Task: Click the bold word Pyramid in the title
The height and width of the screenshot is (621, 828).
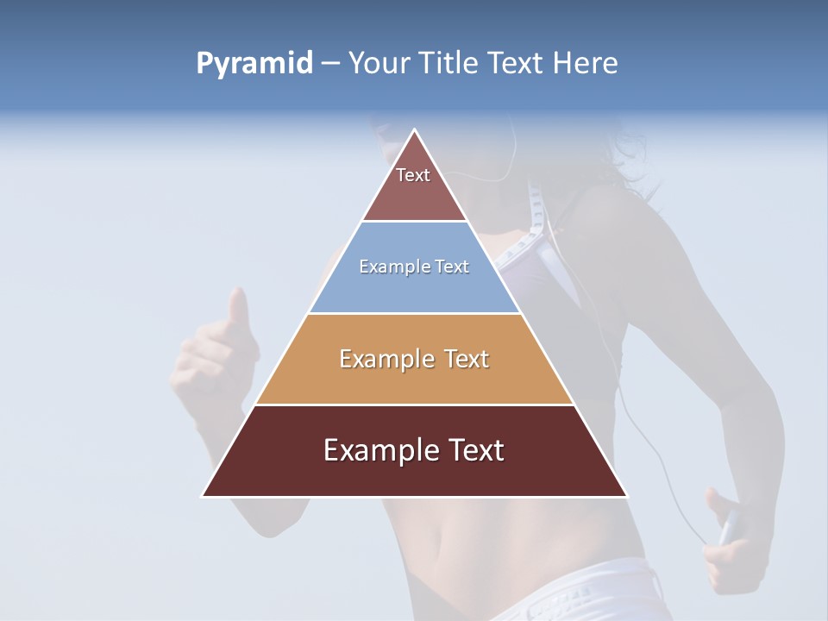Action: point(254,64)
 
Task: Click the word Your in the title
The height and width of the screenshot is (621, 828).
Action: point(379,63)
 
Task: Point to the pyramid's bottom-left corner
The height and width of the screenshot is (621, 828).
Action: point(204,496)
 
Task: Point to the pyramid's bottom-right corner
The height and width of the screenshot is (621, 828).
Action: point(626,496)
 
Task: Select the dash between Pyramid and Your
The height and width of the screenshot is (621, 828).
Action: point(330,64)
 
